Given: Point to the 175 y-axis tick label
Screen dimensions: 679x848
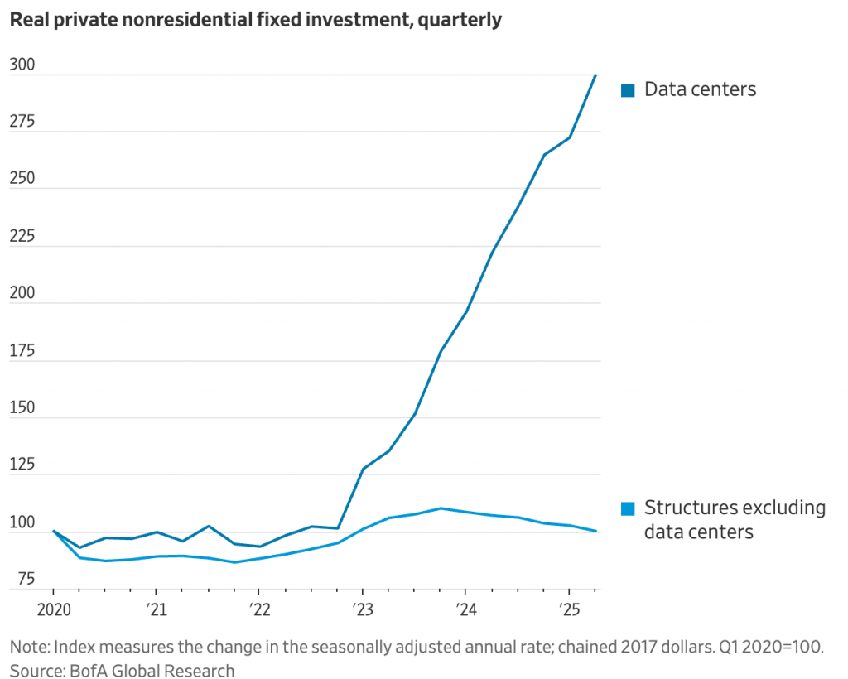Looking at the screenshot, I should pyautogui.click(x=22, y=350).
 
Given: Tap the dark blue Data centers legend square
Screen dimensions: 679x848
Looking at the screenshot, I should pyautogui.click(x=629, y=89).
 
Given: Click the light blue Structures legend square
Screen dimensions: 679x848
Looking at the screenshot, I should pyautogui.click(x=629, y=508).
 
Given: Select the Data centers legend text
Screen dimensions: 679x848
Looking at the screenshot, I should pyautogui.click(x=701, y=89).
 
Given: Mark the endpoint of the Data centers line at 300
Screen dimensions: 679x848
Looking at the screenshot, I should pyautogui.click(x=596, y=75).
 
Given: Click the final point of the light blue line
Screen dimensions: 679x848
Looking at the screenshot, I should pyautogui.click(x=596, y=532).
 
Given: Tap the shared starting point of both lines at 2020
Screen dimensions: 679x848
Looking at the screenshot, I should pyautogui.click(x=53, y=532).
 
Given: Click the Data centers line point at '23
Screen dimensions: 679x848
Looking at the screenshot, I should pyautogui.click(x=362, y=470).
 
